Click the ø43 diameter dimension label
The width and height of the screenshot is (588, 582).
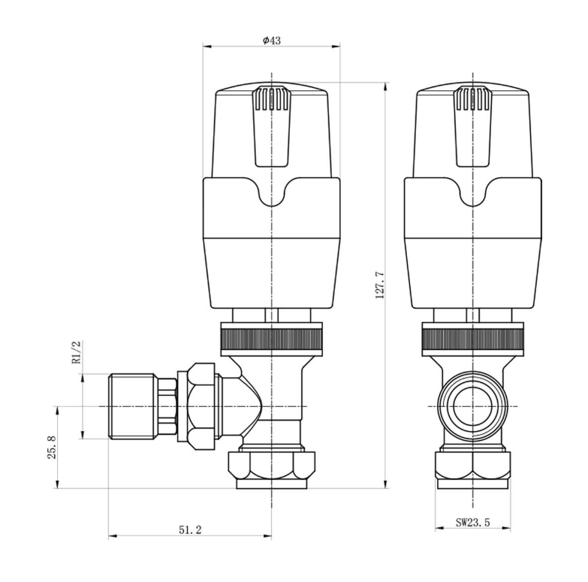pyautogui.click(x=271, y=41)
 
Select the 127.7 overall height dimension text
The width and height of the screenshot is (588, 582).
pyautogui.click(x=379, y=285)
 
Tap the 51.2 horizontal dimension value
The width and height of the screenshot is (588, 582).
pyautogui.click(x=190, y=529)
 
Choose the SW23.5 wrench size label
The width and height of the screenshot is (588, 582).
pyautogui.click(x=472, y=522)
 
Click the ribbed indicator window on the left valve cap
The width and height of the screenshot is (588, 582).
pyautogui.click(x=271, y=99)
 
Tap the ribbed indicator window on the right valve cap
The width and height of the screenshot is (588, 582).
pyautogui.click(x=472, y=99)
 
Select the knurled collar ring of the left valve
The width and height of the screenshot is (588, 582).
pyautogui.click(x=271, y=339)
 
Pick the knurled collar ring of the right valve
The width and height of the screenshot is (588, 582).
pyautogui.click(x=472, y=339)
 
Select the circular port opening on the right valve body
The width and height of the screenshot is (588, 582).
pyautogui.click(x=472, y=406)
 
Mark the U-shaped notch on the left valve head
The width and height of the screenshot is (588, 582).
pyautogui.click(x=271, y=193)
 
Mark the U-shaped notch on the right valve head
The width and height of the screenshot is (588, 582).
pyautogui.click(x=472, y=193)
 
